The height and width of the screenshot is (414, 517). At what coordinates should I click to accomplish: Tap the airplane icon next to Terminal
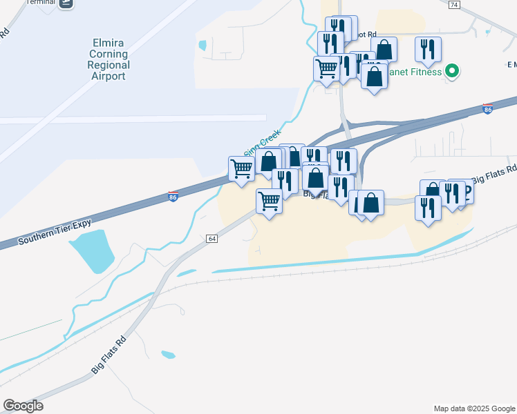point(66,3)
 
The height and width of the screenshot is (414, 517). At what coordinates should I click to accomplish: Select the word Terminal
point(40,3)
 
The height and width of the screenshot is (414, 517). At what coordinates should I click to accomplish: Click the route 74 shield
point(453,4)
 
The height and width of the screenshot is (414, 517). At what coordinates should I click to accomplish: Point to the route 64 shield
point(211,238)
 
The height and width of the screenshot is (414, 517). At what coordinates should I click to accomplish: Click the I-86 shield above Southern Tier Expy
point(173,197)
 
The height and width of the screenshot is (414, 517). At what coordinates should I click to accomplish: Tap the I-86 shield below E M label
point(487,109)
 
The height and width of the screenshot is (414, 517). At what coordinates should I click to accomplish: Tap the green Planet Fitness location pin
point(452,70)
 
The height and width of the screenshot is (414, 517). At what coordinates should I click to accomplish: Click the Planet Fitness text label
point(415,72)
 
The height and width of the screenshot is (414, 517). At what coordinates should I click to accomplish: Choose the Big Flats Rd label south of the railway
point(110,355)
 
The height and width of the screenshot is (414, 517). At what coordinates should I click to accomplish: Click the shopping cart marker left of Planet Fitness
point(326,68)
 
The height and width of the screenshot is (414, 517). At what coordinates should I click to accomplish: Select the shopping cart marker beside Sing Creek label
point(241,168)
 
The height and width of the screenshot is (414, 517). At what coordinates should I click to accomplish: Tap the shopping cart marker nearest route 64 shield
point(269,201)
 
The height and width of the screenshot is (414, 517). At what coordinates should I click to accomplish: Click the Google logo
point(23,406)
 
